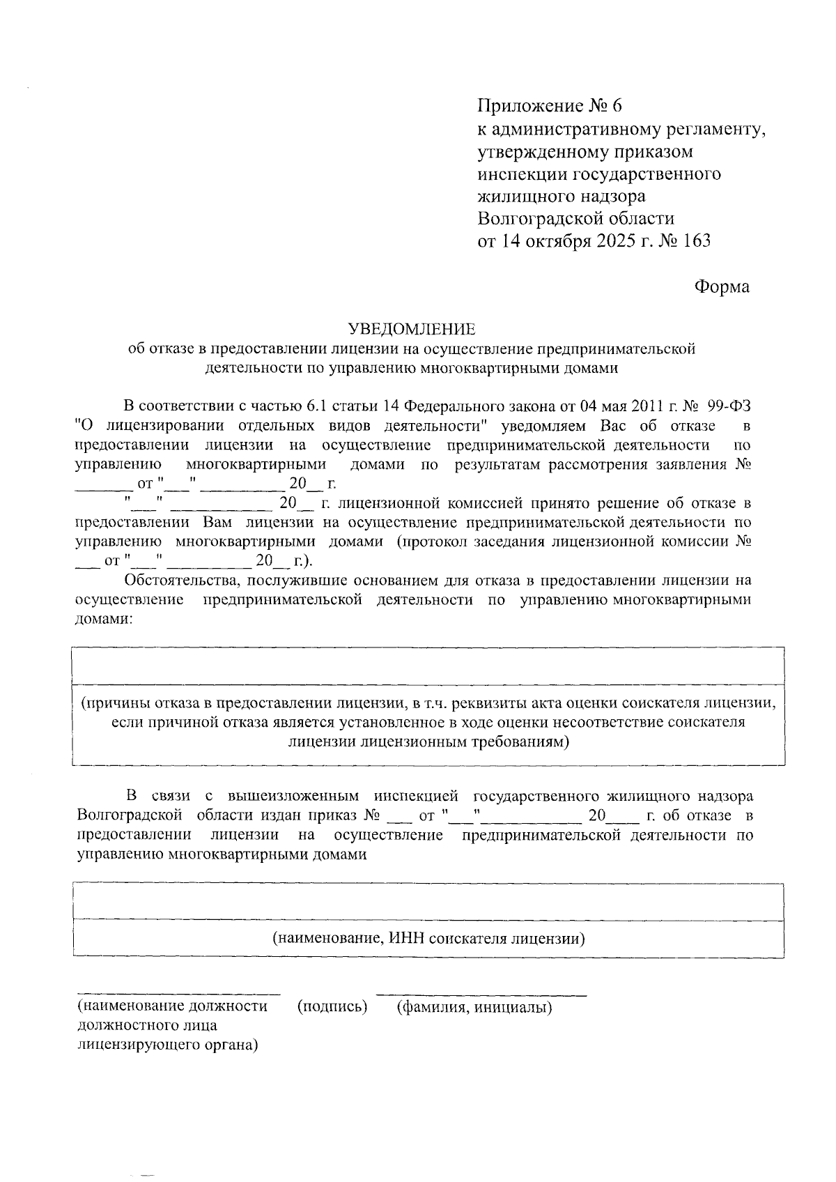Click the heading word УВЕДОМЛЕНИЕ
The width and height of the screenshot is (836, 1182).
412,328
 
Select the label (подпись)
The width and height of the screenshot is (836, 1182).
332,1006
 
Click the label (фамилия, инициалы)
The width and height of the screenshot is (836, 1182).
474,1006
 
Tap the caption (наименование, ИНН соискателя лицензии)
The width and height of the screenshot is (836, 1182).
428,938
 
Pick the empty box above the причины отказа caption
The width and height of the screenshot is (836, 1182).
428,666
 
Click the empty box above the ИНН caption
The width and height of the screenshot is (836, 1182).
428,901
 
